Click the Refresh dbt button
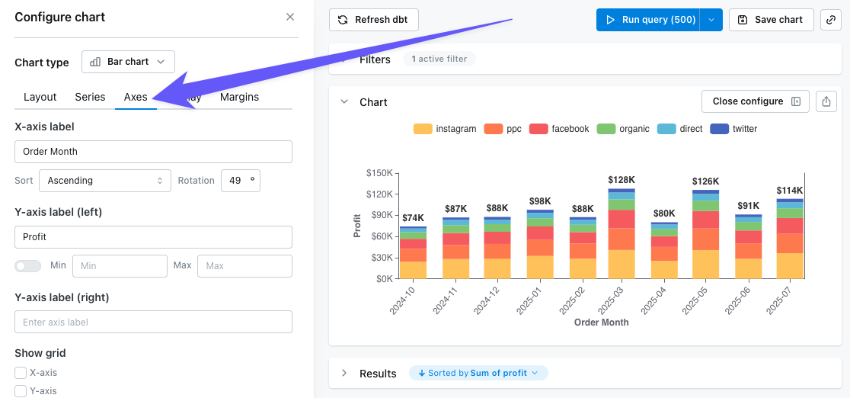pos(373,20)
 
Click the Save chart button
pos(771,20)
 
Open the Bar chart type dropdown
pos(128,62)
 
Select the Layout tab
pos(40,97)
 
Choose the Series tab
pos(90,97)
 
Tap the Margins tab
pos(239,97)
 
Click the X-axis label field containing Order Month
pos(153,152)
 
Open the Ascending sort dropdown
pos(105,181)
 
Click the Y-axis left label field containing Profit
pos(153,237)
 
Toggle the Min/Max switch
pos(28,266)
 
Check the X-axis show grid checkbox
pos(21,373)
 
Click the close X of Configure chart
pos(289,17)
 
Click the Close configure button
pos(755,101)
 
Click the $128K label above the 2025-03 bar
pos(622,180)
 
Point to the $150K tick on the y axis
pos(379,173)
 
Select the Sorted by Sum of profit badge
pos(478,373)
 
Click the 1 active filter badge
pos(439,59)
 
